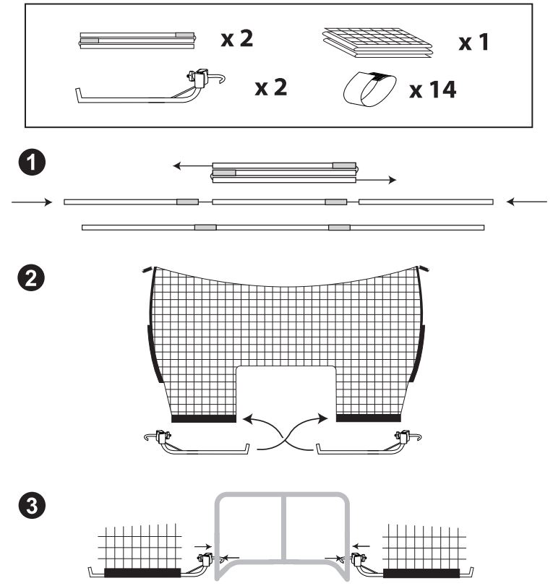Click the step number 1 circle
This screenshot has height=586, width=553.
(x=32, y=163)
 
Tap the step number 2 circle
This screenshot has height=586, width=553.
(x=31, y=278)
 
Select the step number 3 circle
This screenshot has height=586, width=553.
(x=32, y=506)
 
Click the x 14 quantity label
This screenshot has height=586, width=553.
(x=433, y=90)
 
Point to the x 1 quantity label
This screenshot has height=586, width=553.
(x=473, y=42)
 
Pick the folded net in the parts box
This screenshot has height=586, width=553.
(x=377, y=42)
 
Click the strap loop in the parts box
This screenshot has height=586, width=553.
(x=370, y=89)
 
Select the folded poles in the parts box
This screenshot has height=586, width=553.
(x=137, y=40)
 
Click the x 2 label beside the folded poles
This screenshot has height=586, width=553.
(x=237, y=38)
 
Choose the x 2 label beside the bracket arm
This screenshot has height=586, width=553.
(x=271, y=87)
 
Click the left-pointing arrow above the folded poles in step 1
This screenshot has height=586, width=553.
(x=192, y=165)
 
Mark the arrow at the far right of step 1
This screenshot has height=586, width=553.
(x=527, y=202)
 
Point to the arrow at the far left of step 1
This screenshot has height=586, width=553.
(x=32, y=202)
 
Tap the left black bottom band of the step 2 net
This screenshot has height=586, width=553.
(x=204, y=418)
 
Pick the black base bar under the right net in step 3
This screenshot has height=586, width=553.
(x=421, y=573)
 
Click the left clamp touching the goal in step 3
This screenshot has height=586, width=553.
(x=205, y=559)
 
